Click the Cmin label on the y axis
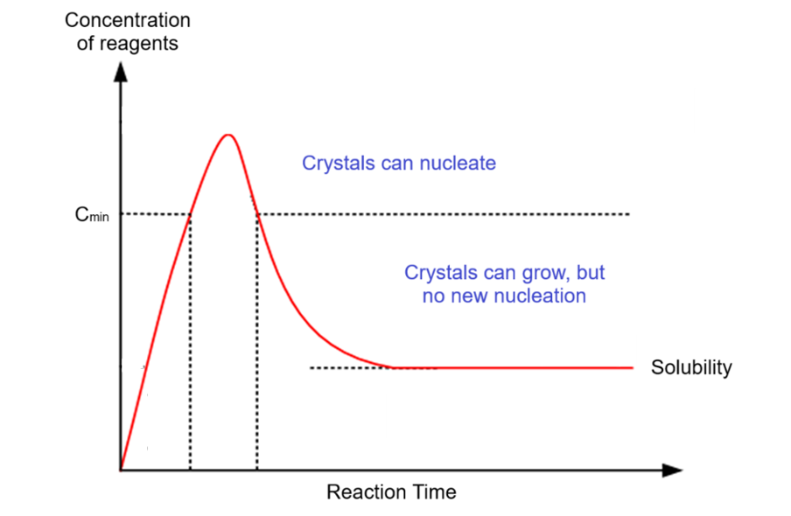[x=92, y=215]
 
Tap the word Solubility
[x=691, y=367]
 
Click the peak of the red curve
[x=228, y=135]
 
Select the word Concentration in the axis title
[x=128, y=20]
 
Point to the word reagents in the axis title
[x=140, y=44]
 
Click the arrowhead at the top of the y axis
[x=122, y=70]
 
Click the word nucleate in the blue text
[x=456, y=163]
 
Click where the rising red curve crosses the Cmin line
[x=191, y=214]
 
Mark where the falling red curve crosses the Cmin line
[x=256, y=214]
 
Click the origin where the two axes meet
[x=122, y=471]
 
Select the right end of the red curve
[x=631, y=367]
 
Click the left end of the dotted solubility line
[x=311, y=367]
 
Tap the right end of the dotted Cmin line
[x=629, y=214]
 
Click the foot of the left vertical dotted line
[x=191, y=470]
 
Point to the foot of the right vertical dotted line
[x=256, y=470]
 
